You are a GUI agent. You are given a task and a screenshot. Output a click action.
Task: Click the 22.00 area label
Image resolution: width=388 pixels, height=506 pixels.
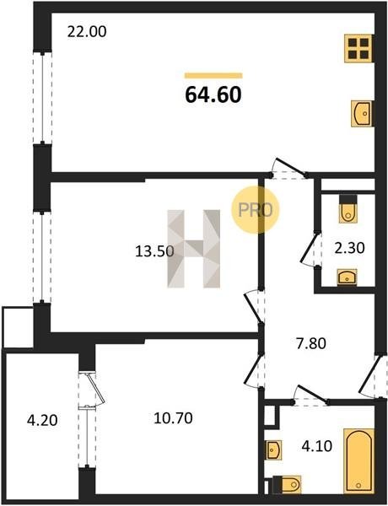(x=87, y=32)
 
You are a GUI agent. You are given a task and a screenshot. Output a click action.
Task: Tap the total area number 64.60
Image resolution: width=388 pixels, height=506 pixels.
(x=213, y=94)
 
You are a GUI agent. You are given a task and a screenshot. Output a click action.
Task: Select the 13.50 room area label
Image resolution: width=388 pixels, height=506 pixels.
(x=154, y=251)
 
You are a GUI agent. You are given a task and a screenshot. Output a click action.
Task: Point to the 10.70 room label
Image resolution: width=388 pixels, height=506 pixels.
(x=174, y=418)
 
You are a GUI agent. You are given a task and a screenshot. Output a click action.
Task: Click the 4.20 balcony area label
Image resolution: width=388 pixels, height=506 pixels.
(x=42, y=420)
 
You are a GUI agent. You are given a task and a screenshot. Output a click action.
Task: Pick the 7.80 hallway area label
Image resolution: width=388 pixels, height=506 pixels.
(x=311, y=343)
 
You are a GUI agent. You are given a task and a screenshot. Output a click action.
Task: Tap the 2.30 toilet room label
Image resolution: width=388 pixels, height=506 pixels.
(x=349, y=248)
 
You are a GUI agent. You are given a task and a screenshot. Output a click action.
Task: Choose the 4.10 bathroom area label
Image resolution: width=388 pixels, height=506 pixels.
(x=316, y=446)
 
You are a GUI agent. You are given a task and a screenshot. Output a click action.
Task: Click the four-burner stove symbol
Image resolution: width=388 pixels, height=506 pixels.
(x=358, y=48)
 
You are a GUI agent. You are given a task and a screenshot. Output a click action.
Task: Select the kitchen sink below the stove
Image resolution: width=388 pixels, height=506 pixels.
(x=362, y=113)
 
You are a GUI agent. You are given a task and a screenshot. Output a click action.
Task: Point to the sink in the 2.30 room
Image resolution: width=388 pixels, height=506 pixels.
(x=347, y=277)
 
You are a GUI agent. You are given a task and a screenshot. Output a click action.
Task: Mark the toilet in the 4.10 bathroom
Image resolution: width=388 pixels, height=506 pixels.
(x=287, y=484)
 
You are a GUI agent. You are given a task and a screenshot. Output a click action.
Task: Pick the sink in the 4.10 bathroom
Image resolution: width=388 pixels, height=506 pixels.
(x=273, y=449)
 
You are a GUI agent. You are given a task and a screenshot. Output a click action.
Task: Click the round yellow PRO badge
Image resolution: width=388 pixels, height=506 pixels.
(x=255, y=210)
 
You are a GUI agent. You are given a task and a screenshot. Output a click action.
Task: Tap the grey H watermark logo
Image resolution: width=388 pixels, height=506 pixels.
(x=194, y=249)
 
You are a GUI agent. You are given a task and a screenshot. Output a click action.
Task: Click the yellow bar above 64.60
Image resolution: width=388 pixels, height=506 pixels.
(x=213, y=76)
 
